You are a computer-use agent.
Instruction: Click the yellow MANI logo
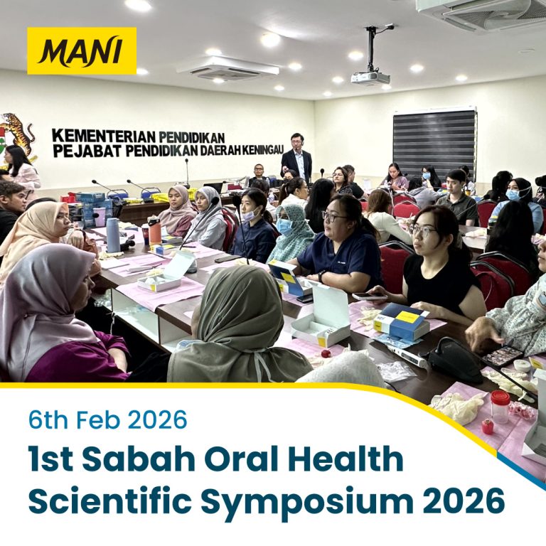(82, 51)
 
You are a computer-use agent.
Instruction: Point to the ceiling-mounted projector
(370, 77)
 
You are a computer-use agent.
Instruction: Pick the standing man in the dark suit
(296, 159)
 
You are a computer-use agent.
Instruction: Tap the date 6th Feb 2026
(107, 419)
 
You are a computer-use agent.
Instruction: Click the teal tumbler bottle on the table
(113, 235)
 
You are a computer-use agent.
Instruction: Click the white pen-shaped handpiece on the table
(407, 356)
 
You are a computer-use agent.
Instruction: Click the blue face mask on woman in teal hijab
(284, 226)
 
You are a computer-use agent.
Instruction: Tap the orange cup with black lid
(154, 231)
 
